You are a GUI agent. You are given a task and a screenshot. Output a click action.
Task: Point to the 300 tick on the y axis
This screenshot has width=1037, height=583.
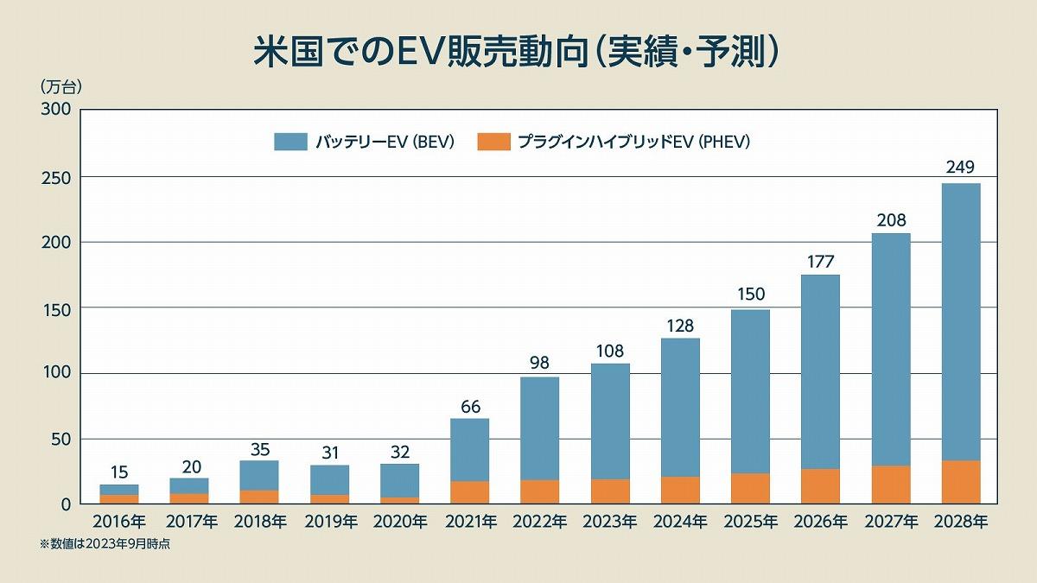(x=55, y=111)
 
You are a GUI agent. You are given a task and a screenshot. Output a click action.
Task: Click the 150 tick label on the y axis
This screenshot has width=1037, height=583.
(x=55, y=307)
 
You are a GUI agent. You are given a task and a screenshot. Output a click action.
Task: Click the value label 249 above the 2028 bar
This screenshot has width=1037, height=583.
(x=960, y=168)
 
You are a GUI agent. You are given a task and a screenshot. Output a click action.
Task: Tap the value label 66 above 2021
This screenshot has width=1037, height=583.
(x=470, y=406)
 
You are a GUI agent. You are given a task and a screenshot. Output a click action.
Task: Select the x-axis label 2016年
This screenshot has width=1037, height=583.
(x=119, y=522)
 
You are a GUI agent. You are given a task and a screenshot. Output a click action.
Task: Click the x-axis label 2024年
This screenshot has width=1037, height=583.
(x=680, y=522)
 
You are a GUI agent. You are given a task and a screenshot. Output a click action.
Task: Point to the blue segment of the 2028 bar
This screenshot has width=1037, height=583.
(x=960, y=320)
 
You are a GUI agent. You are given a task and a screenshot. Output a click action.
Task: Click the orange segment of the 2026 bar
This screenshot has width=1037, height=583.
(x=820, y=485)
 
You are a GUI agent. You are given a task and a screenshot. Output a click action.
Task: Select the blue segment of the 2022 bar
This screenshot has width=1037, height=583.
(x=540, y=428)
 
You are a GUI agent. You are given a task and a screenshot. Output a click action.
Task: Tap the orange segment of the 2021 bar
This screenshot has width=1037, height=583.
(x=470, y=491)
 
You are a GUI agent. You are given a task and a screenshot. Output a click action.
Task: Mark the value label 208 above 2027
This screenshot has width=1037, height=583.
(x=890, y=220)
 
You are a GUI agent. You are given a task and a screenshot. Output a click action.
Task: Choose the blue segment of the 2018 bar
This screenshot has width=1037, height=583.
(x=259, y=475)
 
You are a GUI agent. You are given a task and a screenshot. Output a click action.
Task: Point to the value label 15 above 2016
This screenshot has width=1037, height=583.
(x=119, y=472)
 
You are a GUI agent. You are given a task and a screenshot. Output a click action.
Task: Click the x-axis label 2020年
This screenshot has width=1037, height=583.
(x=400, y=522)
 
